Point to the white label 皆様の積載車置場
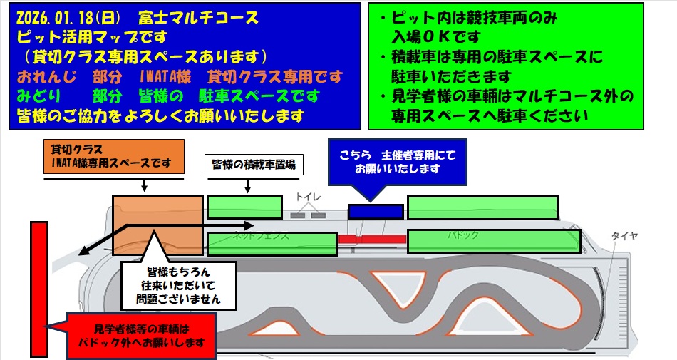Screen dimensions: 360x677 click(x=254, y=165)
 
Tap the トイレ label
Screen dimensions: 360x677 click(x=309, y=197)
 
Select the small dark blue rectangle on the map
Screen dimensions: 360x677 click(x=376, y=211)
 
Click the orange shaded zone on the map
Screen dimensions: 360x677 click(x=157, y=224)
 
